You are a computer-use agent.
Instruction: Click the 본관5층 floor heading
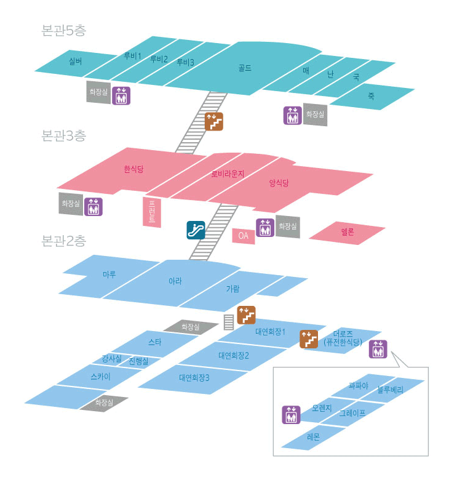[x=63, y=30]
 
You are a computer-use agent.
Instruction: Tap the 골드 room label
[x=245, y=68]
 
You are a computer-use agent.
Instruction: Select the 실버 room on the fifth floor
[x=76, y=62]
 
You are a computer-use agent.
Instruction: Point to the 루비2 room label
[x=159, y=59]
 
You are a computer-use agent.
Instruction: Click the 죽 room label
[x=372, y=97]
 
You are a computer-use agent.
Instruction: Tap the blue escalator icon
[x=196, y=230]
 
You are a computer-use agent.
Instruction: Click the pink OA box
[x=243, y=236]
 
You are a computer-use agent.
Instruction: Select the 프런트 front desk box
[x=152, y=212]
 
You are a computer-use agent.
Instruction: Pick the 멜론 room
[x=348, y=233]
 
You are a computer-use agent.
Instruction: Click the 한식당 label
[x=133, y=169]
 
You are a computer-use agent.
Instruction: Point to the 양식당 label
[x=279, y=183]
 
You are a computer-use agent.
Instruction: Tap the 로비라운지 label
[x=228, y=174]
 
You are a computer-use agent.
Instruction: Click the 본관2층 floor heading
[x=63, y=241]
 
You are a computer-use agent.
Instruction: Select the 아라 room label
[x=175, y=281]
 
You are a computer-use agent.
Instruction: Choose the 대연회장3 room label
[x=194, y=378]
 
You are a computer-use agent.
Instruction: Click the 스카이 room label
[x=101, y=377]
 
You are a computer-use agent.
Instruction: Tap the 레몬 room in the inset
[x=313, y=437]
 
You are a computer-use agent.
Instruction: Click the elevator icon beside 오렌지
[x=292, y=415]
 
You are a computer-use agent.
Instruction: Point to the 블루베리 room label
[x=390, y=390]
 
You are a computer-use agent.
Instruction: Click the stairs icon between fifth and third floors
[x=214, y=122]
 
